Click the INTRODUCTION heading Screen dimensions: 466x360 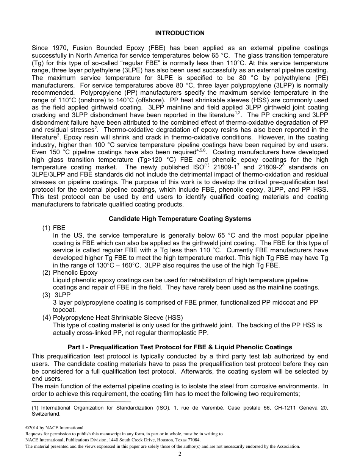click(180, 33)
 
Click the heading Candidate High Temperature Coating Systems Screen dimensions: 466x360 click(180, 219)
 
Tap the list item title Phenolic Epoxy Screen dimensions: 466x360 click(75, 272)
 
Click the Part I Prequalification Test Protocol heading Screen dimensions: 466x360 click(180, 347)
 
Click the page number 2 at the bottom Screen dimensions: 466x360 click(180, 454)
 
